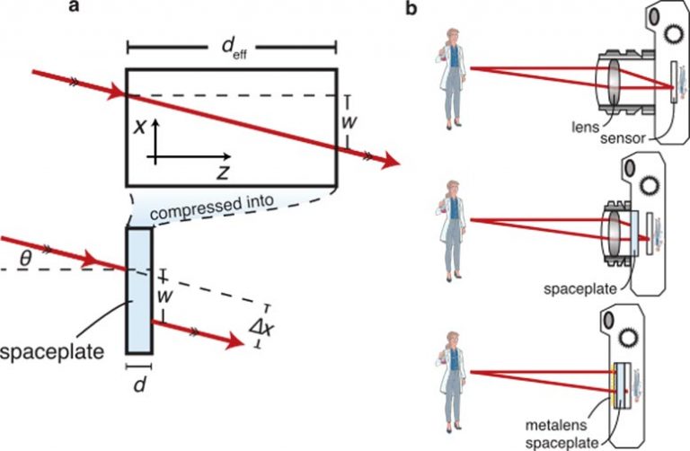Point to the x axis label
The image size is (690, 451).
(x=140, y=126)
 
